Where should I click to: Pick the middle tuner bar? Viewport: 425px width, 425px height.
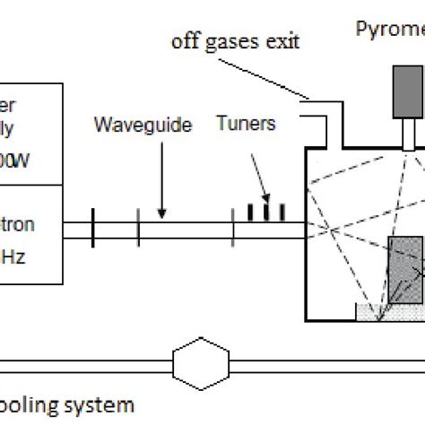coord(266,210)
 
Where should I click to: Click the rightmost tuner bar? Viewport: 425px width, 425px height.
coord(282,212)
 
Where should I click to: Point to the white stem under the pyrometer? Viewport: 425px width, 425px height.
coord(408,135)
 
